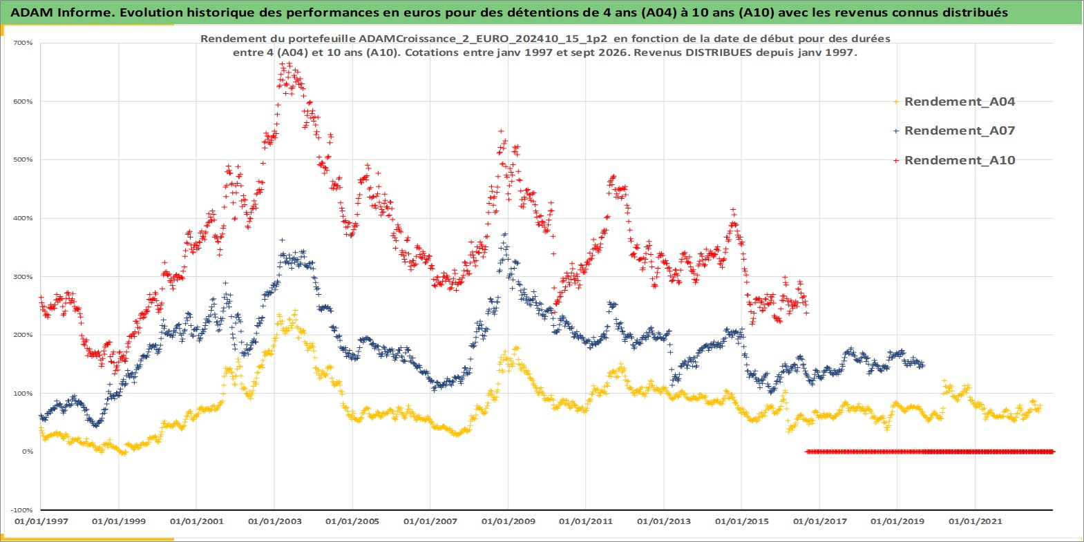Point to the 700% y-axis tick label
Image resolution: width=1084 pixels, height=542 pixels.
point(23,43)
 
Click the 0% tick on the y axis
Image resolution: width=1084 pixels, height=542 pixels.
point(28,452)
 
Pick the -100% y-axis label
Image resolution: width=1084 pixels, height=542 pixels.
point(22,510)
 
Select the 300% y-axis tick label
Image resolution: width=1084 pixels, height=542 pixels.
point(23,277)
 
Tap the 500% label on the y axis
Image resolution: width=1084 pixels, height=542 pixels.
point(23,159)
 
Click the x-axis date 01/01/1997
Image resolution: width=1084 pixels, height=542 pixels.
point(41,521)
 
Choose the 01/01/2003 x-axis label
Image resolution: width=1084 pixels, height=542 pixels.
point(274,521)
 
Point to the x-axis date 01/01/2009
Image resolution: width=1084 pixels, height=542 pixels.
point(508,521)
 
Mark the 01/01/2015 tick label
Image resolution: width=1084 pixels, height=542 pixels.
point(741,521)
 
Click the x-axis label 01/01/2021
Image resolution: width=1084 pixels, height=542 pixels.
point(975,521)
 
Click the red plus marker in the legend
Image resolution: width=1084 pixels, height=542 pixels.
point(896,160)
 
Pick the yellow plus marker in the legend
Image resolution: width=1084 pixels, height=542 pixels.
point(896,102)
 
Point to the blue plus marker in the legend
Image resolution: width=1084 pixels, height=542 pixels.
point(896,131)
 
